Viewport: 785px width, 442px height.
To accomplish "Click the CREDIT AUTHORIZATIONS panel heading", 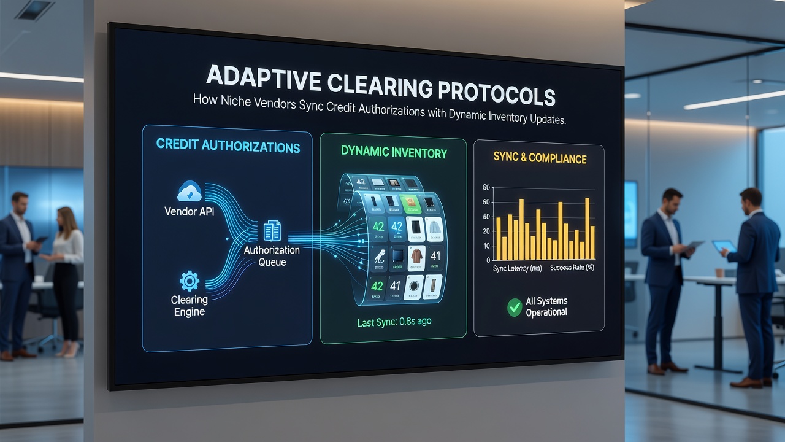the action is click(x=228, y=145).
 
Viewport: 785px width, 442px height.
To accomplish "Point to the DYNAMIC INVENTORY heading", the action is click(x=394, y=152).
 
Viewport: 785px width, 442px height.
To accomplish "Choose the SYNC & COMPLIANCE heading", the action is click(x=540, y=158).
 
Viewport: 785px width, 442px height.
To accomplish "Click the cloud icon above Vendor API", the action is click(x=190, y=192).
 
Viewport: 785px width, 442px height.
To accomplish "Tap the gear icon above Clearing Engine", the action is click(x=190, y=281).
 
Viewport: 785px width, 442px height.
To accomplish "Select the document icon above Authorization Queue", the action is click(x=272, y=231).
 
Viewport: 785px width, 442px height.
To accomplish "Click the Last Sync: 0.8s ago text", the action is click(x=394, y=322).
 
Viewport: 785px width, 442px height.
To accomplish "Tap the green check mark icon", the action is click(x=515, y=308).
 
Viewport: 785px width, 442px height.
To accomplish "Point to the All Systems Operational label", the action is click(x=546, y=306).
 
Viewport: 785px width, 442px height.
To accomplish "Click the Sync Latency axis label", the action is click(x=517, y=268).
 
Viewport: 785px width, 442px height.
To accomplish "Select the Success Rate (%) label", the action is click(x=572, y=268).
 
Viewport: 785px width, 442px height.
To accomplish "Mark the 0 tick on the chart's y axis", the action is click(x=488, y=260).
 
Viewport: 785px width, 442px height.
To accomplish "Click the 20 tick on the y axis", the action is click(x=486, y=231).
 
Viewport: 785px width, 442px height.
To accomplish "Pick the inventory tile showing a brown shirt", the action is click(x=416, y=258).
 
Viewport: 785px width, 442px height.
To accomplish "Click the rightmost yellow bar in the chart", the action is click(x=592, y=242).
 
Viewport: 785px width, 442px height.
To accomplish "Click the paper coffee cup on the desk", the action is click(x=719, y=273).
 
